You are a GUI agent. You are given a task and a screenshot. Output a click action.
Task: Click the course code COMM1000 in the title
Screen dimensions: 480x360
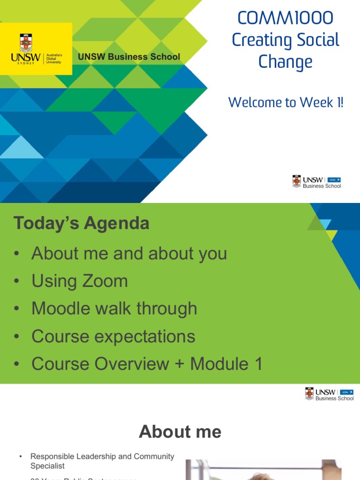click(285, 18)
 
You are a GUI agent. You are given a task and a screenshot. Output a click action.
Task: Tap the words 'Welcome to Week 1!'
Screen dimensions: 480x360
click(285, 102)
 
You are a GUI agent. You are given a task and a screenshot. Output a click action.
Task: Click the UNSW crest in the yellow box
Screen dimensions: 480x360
click(26, 43)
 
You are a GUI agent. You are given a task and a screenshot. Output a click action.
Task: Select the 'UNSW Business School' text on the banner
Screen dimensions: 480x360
click(129, 57)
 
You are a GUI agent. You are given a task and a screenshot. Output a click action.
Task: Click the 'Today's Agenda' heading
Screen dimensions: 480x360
click(82, 223)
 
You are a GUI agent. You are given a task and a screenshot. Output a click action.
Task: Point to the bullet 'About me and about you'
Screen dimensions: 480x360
click(129, 254)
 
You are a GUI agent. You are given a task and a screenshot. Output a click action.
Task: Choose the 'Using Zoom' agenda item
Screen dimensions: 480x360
click(79, 281)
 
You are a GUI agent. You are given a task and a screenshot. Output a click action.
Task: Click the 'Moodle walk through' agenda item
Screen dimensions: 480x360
click(114, 308)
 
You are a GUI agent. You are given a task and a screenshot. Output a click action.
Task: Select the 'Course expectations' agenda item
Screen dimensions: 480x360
click(113, 336)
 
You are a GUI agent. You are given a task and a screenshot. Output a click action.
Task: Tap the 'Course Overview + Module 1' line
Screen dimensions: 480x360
click(147, 364)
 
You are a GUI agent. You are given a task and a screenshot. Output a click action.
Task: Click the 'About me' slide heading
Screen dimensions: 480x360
click(180, 432)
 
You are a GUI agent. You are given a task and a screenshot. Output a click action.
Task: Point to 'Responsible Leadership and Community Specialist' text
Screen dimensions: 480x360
click(102, 461)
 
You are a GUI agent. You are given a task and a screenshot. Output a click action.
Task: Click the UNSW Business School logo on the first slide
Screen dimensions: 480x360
click(316, 182)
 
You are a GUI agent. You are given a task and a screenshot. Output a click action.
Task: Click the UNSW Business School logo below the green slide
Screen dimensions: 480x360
click(329, 394)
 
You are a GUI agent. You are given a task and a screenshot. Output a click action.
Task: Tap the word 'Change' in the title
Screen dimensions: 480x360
click(285, 62)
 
